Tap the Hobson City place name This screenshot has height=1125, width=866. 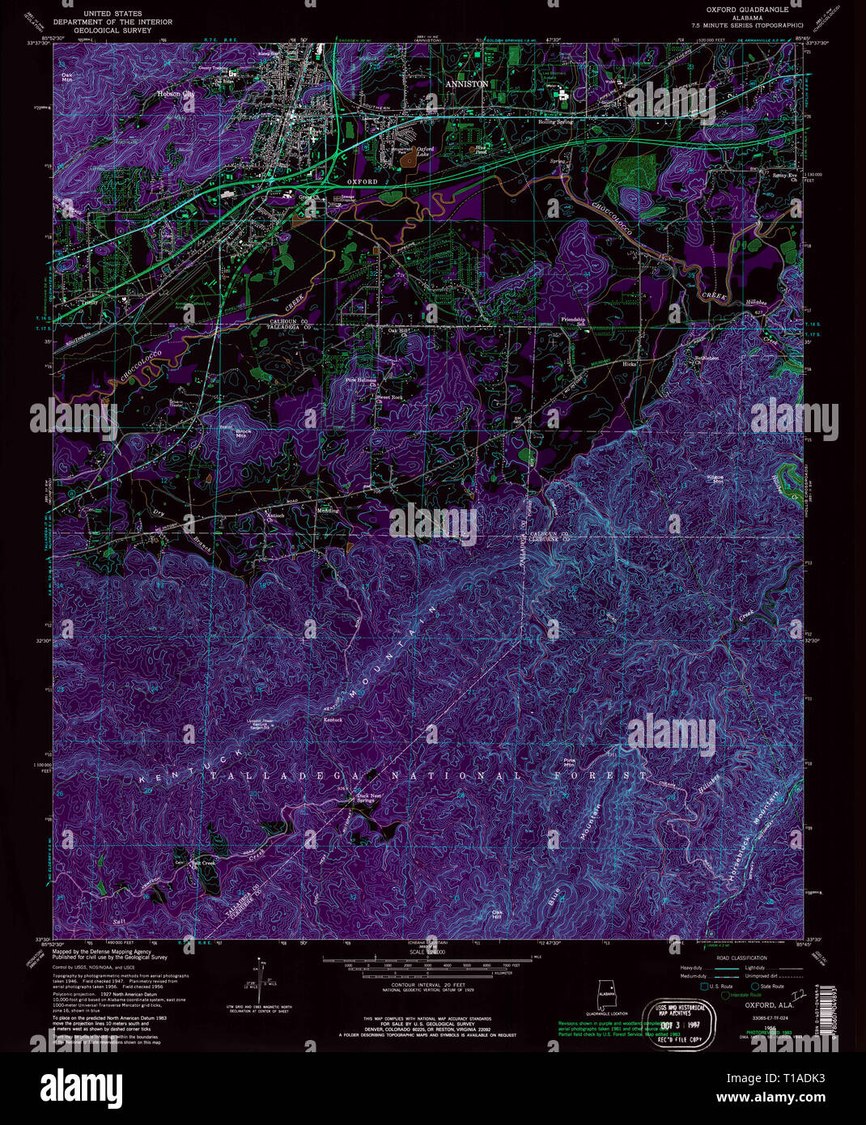(x=176, y=94)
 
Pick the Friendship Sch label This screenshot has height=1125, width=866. (x=573, y=321)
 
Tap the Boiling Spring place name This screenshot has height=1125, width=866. (x=555, y=122)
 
